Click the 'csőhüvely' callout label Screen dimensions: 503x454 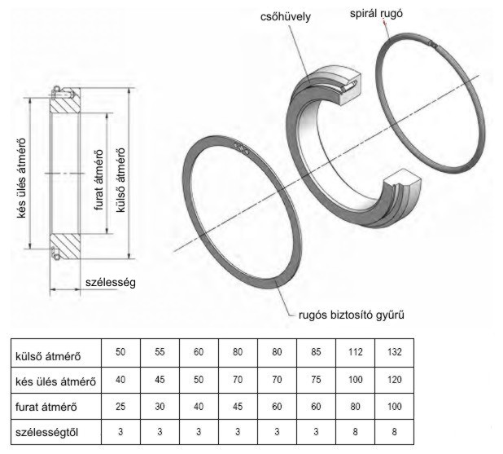coord(285,16)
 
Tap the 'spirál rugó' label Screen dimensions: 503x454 coord(376,14)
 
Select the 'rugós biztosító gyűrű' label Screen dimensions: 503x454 coord(352,315)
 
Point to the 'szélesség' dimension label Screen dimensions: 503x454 coord(111,282)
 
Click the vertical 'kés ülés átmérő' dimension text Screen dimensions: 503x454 coord(21,178)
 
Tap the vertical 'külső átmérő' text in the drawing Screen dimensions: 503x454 coord(120,180)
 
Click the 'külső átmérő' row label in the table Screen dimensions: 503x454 coord(48,356)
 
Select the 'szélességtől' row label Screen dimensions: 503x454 coord(47,432)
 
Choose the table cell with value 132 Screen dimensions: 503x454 coord(394,352)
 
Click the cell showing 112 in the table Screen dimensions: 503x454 coord(355,352)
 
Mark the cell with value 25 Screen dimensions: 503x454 coord(120,407)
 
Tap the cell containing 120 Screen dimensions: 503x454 coord(394,380)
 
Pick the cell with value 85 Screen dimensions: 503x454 coord(316,352)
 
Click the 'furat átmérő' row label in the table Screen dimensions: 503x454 coord(46,407)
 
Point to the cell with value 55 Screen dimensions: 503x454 coord(160,352)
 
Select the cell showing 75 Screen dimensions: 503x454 coord(316,380)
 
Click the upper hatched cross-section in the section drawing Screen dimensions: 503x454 coord(65,104)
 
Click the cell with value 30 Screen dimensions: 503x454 coord(160,407)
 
